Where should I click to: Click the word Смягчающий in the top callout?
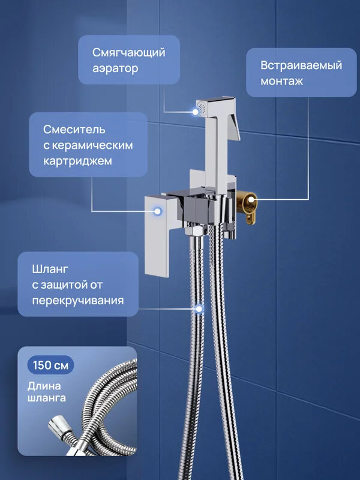click(128, 52)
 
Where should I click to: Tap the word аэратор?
click(115, 68)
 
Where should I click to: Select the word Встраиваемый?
click(301, 65)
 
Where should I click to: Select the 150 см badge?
click(50, 365)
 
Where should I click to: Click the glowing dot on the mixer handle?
click(158, 211)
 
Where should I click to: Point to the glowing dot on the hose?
click(199, 309)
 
